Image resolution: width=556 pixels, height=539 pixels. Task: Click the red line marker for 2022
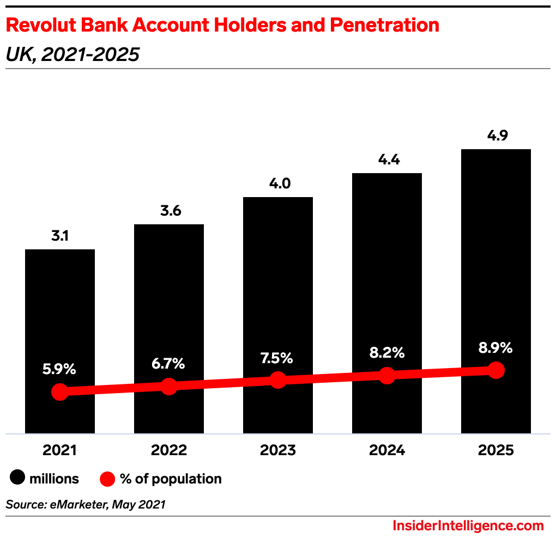coord(169,386)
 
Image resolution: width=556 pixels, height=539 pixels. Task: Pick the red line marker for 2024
coord(387,375)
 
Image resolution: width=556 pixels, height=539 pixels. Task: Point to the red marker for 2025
coord(496,370)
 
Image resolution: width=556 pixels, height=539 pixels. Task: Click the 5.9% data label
coord(59,369)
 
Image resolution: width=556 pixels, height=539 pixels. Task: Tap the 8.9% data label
coord(495,348)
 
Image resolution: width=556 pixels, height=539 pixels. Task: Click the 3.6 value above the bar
coord(171,211)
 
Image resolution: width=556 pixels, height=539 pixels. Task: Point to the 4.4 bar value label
coord(389,160)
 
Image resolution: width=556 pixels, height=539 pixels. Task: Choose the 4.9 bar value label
coord(497,136)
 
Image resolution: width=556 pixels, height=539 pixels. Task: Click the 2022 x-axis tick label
coord(169,450)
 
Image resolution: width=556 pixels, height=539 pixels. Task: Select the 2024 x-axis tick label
coord(387,450)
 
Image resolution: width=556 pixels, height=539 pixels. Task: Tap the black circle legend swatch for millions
coord(17,479)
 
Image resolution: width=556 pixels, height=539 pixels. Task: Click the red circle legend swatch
coord(108,479)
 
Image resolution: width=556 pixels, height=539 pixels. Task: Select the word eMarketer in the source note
coord(76,504)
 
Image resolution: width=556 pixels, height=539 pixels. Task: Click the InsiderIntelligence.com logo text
coord(468,525)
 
